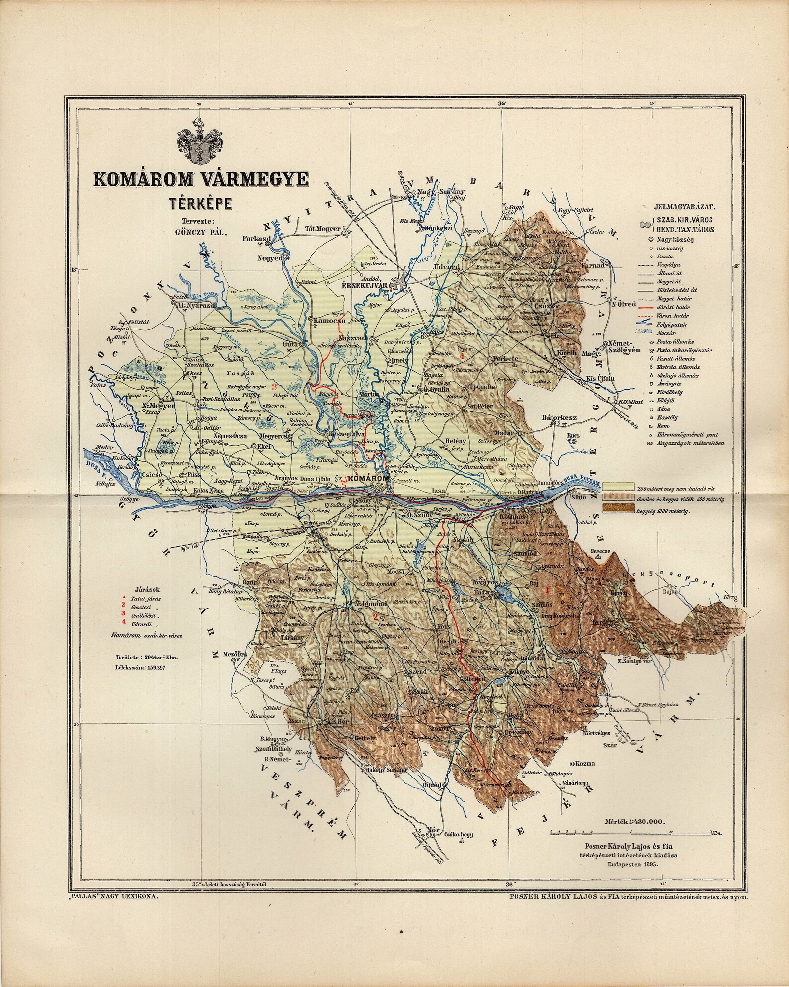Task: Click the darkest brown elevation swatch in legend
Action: (x=618, y=508)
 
